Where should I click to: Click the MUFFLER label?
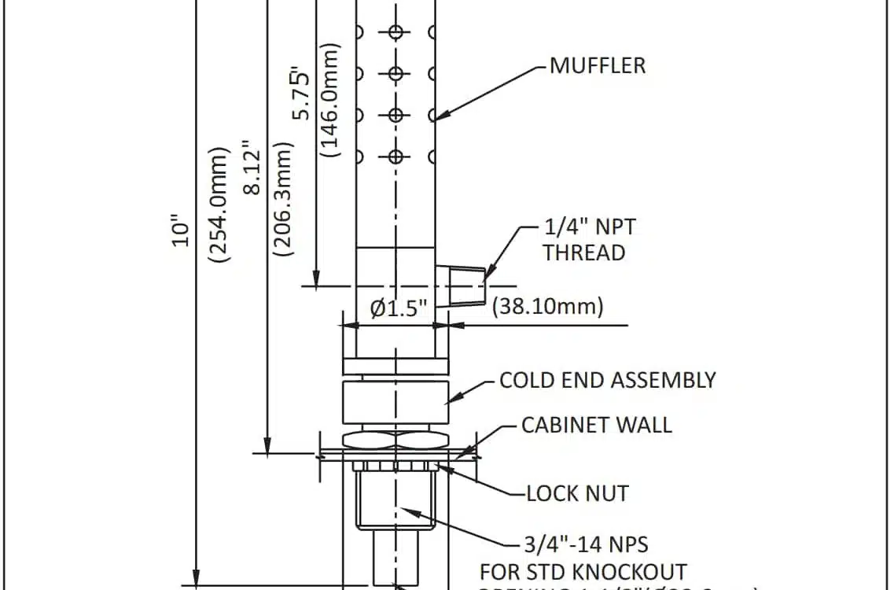(x=598, y=65)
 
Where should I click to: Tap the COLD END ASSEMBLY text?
(x=608, y=380)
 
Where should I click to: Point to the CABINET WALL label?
(x=597, y=425)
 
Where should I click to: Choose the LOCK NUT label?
(x=577, y=493)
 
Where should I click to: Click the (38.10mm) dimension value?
(x=547, y=306)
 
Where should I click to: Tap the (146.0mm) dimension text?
(x=331, y=100)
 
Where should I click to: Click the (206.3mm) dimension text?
(x=281, y=198)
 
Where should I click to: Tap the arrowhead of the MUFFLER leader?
(x=437, y=119)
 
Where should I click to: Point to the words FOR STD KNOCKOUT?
(x=583, y=571)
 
